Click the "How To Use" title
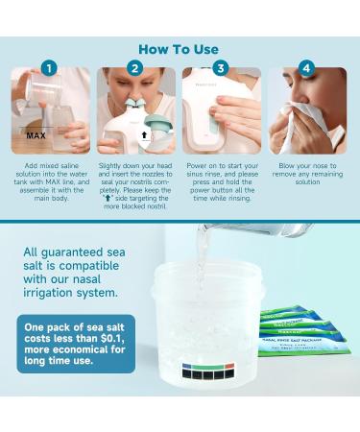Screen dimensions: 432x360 [179, 49]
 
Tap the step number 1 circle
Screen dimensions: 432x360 [51, 69]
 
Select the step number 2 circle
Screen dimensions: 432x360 [135, 69]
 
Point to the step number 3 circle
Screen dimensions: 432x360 [221, 69]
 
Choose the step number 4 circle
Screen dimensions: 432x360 [305, 69]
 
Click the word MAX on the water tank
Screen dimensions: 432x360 [37, 136]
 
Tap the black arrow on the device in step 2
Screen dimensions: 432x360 [146, 135]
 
